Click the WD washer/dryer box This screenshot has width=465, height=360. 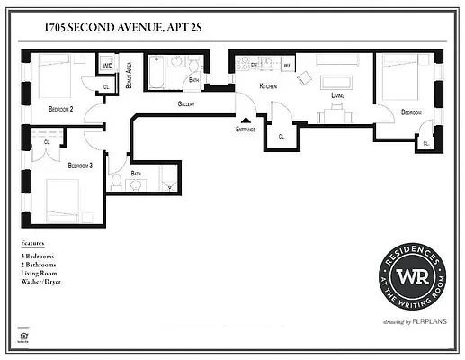[107, 66]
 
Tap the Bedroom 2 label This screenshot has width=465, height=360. [61, 109]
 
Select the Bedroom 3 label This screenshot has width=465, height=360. [80, 166]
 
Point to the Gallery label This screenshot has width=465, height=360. [186, 104]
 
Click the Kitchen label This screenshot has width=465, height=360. [268, 86]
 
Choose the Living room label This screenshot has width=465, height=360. [337, 94]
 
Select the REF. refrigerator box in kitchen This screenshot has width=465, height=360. [288, 66]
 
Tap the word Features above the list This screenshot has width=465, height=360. [32, 244]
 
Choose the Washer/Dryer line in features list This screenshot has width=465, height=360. [41, 282]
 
